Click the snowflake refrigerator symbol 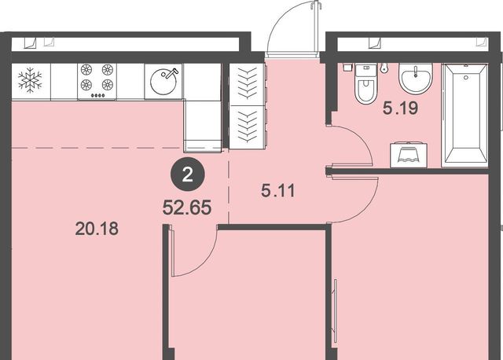pyautogui.click(x=30, y=80)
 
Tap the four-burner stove pyautogui.click(x=97, y=82)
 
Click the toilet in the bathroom pyautogui.click(x=366, y=84)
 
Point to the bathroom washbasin pyautogui.click(x=416, y=79)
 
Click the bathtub pyautogui.click(x=464, y=116)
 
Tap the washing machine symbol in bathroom pyautogui.click(x=409, y=156)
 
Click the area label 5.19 pyautogui.click(x=400, y=108)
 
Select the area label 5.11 pyautogui.click(x=278, y=191)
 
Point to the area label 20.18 pyautogui.click(x=97, y=229)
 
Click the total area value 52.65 pyautogui.click(x=187, y=208)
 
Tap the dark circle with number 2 pyautogui.click(x=187, y=175)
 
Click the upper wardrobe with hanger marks pyautogui.click(x=248, y=84)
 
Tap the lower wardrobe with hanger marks pyautogui.click(x=248, y=127)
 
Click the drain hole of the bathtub pyautogui.click(x=466, y=77)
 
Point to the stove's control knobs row pyautogui.click(x=97, y=95)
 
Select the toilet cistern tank pyautogui.click(x=366, y=70)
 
